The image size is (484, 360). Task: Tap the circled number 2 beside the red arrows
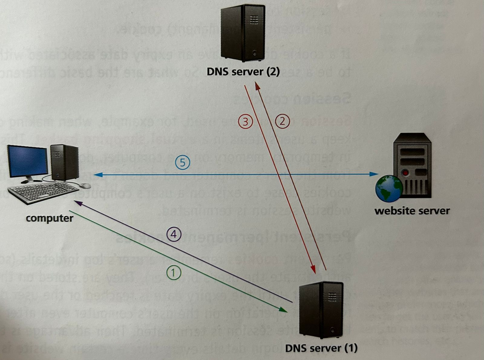tap(282, 121)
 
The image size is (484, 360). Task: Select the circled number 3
tap(245, 122)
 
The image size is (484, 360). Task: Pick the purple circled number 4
tap(174, 234)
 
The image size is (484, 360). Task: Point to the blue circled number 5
tap(182, 163)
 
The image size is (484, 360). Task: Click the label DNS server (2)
tap(243, 72)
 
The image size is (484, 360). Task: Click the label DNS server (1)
tap(321, 348)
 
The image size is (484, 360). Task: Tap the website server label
tap(412, 211)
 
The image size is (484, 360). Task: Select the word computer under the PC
tap(49, 218)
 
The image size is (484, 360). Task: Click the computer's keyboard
tap(42, 192)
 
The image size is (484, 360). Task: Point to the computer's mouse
tap(85, 185)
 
